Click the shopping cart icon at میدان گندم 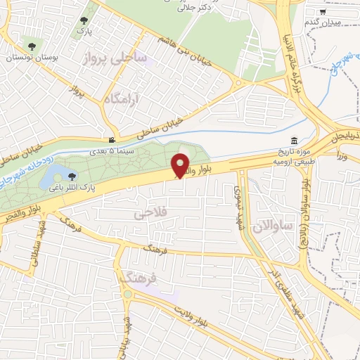click(323, 12)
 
